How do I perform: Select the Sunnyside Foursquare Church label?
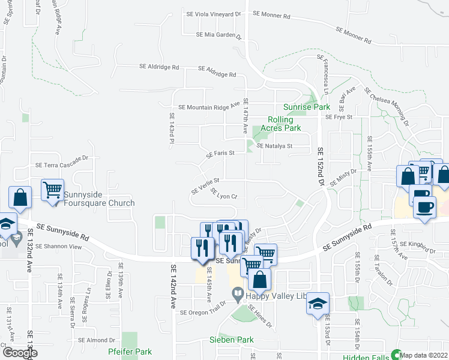(x=100, y=203)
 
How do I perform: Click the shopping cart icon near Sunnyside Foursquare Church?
(x=52, y=190)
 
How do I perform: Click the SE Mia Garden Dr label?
(x=218, y=35)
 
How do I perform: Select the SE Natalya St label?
(x=274, y=146)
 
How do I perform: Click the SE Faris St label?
(x=220, y=154)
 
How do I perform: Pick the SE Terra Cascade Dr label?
(x=62, y=165)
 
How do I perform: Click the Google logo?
(x=20, y=352)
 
